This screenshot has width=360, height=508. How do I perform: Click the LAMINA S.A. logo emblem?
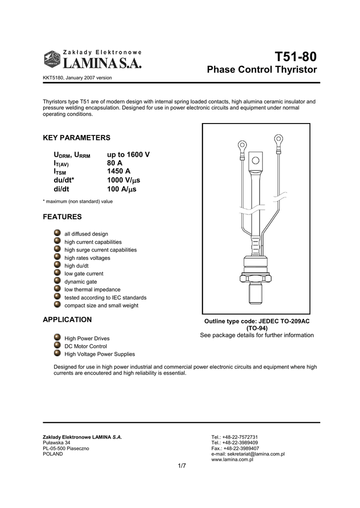pyautogui.click(x=51, y=59)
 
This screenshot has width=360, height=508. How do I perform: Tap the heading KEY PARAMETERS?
pyautogui.click(x=76, y=137)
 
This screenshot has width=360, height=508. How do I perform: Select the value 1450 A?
pyautogui.click(x=119, y=171)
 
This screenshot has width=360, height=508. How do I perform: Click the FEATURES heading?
pyautogui.click(x=62, y=217)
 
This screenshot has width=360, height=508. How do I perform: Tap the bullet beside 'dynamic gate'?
pyautogui.click(x=58, y=281)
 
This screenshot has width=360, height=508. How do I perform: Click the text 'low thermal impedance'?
pyautogui.click(x=92, y=290)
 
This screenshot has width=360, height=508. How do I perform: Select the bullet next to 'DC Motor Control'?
pyautogui.click(x=58, y=346)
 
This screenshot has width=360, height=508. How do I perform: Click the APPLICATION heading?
pyautogui.click(x=68, y=319)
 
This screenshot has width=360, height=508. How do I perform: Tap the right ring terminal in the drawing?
pyautogui.click(x=279, y=139)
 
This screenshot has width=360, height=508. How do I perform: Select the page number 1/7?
pyautogui.click(x=182, y=465)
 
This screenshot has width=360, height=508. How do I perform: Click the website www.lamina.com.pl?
pyautogui.click(x=233, y=460)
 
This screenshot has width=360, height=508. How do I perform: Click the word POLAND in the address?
pyautogui.click(x=53, y=454)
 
